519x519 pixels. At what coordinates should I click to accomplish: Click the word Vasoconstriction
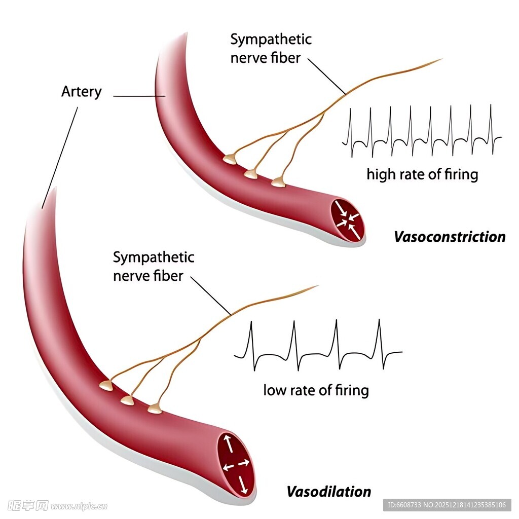click(x=450, y=237)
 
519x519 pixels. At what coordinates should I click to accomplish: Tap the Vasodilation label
click(x=328, y=491)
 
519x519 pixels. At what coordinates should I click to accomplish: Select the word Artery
click(x=81, y=92)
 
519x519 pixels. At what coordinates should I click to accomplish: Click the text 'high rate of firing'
click(x=422, y=174)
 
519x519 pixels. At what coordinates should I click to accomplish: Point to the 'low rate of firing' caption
click(x=316, y=390)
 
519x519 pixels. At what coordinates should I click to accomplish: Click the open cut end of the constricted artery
click(x=348, y=219)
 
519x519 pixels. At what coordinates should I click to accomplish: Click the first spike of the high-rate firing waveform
click(x=351, y=127)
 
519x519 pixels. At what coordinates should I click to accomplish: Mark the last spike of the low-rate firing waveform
click(x=379, y=340)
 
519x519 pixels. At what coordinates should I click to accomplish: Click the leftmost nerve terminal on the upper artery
click(x=230, y=159)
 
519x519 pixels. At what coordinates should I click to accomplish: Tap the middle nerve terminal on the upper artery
click(x=251, y=174)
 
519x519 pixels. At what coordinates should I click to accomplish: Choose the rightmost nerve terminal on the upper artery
click(x=278, y=182)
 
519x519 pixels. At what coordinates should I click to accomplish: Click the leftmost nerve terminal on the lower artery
click(x=106, y=386)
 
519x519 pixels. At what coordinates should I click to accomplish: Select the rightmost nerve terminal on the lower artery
click(x=155, y=408)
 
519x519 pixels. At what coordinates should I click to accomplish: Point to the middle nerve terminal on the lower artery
click(x=127, y=400)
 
